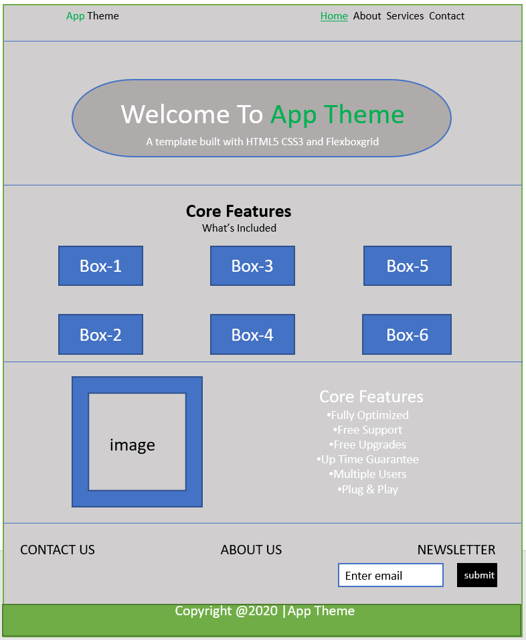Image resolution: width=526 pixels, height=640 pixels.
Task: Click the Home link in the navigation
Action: pyautogui.click(x=334, y=16)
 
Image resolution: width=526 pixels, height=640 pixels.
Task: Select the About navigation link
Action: pyautogui.click(x=367, y=16)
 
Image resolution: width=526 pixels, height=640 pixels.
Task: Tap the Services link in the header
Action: pyautogui.click(x=405, y=16)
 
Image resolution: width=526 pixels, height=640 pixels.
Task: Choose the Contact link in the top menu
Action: pyautogui.click(x=446, y=16)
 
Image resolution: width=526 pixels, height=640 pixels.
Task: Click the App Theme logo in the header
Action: pyautogui.click(x=92, y=16)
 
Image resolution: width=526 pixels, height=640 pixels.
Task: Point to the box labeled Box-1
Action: pyautogui.click(x=100, y=266)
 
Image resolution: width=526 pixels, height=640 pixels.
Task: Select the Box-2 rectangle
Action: pyautogui.click(x=100, y=335)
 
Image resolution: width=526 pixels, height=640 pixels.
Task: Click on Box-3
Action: pyautogui.click(x=252, y=266)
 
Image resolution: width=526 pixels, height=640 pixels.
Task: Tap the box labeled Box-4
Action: pyautogui.click(x=252, y=335)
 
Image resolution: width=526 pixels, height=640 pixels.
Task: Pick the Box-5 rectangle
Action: pyautogui.click(x=407, y=266)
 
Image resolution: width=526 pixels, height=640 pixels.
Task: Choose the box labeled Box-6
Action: pyautogui.click(x=407, y=335)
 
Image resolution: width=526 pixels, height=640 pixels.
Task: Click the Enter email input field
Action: pyautogui.click(x=391, y=576)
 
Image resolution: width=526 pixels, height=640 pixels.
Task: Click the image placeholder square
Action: pyautogui.click(x=137, y=442)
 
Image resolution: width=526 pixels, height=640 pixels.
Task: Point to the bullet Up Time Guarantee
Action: pyautogui.click(x=368, y=459)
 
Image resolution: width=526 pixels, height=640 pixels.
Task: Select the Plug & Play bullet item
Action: pyautogui.click(x=369, y=489)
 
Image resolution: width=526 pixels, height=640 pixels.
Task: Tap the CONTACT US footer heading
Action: pyautogui.click(x=58, y=550)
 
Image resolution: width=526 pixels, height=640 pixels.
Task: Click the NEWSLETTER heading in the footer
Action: pyautogui.click(x=456, y=550)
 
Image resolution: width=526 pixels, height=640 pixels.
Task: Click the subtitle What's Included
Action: pyautogui.click(x=239, y=228)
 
